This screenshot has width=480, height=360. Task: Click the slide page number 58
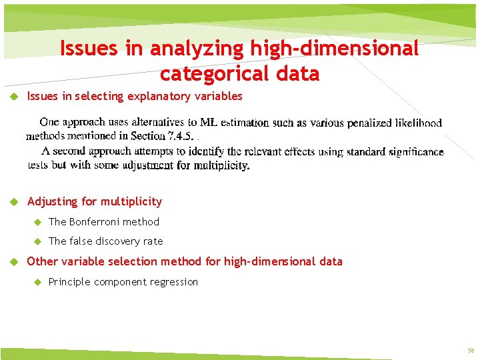pos(471,351)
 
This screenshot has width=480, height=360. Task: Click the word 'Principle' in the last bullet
pos(69,282)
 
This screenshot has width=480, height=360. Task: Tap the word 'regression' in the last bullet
pos(175,282)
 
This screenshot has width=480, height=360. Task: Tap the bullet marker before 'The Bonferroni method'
pos(38,221)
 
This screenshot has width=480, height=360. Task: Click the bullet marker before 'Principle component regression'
pos(38,282)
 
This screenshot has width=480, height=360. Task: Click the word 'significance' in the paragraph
pos(413,152)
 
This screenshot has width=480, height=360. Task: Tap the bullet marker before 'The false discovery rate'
pos(38,241)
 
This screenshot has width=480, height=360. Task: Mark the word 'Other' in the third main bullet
pos(42,261)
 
